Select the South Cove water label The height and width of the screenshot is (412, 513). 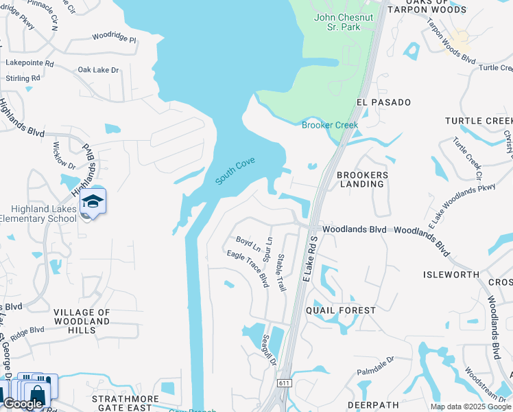click(x=235, y=170)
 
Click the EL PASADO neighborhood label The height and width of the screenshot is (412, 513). click(x=383, y=102)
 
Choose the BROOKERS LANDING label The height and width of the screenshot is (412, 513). click(x=362, y=180)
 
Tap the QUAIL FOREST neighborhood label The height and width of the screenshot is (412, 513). click(x=341, y=310)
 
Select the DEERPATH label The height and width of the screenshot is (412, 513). click(x=373, y=405)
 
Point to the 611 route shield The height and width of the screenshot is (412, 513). click(x=285, y=382)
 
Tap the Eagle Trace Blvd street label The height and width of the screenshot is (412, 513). click(x=248, y=268)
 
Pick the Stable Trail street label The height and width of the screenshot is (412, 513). click(x=281, y=273)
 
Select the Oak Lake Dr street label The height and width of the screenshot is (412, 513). click(x=98, y=70)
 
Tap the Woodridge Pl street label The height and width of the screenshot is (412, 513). click(x=115, y=36)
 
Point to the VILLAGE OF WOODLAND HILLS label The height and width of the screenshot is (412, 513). click(x=82, y=321)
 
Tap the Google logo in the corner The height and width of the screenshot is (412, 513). click(x=23, y=404)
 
